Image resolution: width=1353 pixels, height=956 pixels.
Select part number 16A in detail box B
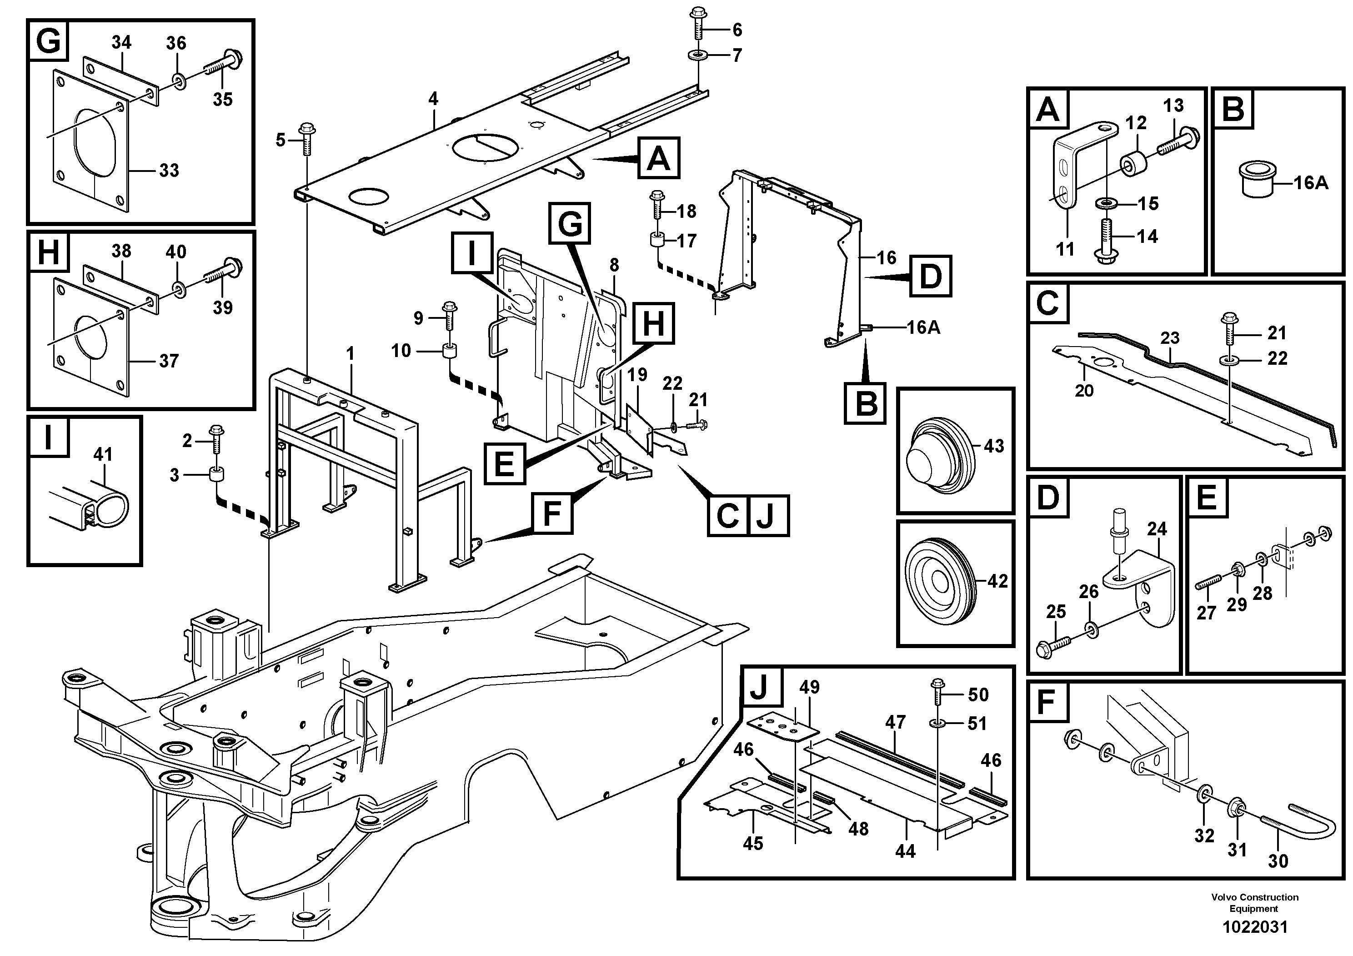[1311, 183]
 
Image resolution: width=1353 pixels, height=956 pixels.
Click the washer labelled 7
[698, 56]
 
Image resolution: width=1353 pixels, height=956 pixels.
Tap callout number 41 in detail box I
[103, 454]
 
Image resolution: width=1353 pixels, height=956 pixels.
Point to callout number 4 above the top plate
[433, 99]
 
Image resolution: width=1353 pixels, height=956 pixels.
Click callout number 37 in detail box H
[169, 361]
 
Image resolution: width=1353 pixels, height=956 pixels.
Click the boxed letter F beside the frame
[551, 514]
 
